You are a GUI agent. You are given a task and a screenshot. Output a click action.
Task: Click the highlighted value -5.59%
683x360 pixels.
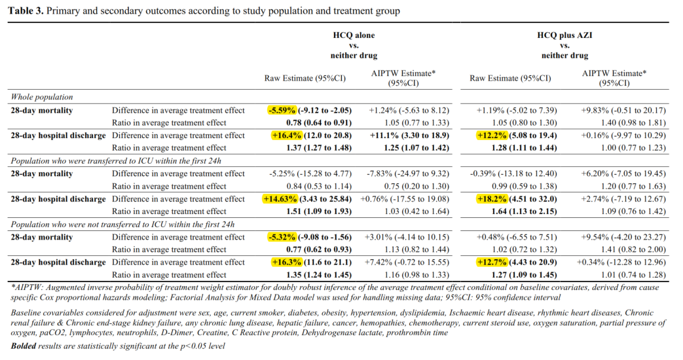(x=282, y=110)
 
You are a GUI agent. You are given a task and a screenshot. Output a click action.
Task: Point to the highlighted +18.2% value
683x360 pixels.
(x=492, y=199)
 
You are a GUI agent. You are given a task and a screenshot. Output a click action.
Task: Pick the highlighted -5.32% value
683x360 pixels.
(x=282, y=237)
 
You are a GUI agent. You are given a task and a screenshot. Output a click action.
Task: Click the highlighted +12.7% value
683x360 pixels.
(x=492, y=262)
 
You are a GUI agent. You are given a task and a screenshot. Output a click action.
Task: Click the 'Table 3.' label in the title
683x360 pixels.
(x=26, y=10)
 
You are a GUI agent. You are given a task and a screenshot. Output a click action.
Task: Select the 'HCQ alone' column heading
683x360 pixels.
(x=354, y=35)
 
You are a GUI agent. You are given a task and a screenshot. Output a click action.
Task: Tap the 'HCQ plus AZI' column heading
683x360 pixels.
(x=564, y=35)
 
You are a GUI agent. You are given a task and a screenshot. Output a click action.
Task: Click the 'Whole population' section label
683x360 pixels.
(x=42, y=97)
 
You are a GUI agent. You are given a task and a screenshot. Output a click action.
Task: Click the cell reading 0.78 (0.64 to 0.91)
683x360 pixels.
(x=319, y=123)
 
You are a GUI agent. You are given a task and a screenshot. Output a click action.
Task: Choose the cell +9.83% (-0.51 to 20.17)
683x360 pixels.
(x=623, y=110)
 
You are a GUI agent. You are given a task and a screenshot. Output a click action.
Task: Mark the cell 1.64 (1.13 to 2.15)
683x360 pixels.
(x=524, y=211)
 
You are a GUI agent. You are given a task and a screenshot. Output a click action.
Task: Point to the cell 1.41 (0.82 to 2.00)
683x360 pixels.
(x=633, y=249)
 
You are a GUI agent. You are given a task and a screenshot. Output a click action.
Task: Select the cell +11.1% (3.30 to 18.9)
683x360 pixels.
(x=409, y=135)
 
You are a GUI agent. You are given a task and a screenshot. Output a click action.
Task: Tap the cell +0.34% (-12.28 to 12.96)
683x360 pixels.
(x=621, y=262)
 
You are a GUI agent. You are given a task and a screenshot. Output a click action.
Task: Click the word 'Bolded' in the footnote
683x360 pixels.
(x=24, y=346)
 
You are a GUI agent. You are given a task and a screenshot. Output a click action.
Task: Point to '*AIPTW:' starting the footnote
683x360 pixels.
(x=27, y=287)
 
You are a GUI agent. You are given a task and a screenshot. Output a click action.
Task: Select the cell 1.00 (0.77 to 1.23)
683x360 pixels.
(x=633, y=148)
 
